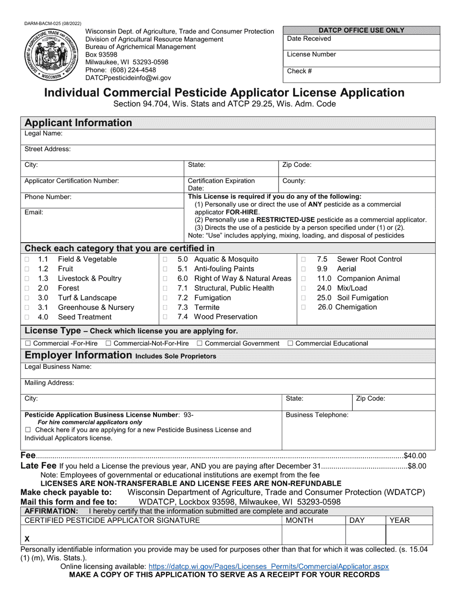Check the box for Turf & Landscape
27,298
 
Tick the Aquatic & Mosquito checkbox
165,260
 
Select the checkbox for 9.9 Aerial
303,269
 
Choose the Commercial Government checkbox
200,343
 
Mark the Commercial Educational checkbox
290,343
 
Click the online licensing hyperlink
269,566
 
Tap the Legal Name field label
44,134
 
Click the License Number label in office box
312,54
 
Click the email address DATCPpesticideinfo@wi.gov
128,78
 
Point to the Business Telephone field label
317,415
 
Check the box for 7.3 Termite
165,307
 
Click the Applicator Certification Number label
72,181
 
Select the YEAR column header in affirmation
399,520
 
